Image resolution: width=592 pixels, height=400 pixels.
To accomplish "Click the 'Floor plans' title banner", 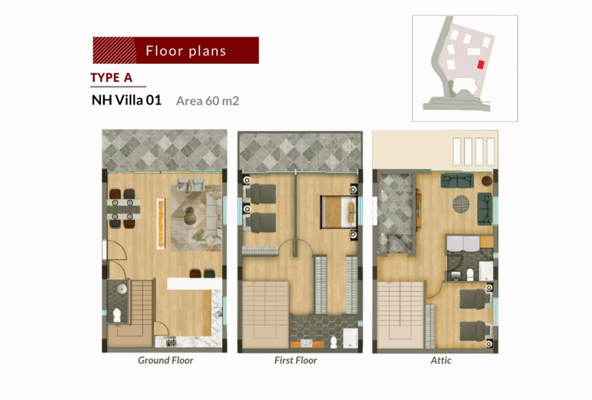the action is click(176, 50).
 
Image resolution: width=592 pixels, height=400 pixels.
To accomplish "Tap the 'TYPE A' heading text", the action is click(111, 77).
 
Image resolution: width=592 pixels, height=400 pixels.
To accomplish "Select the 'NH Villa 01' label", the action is click(126, 100).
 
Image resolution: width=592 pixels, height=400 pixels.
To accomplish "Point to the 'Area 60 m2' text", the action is click(208, 101).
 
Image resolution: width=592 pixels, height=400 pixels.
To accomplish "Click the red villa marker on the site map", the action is click(480, 65).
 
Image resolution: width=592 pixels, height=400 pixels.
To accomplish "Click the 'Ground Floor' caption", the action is click(166, 360).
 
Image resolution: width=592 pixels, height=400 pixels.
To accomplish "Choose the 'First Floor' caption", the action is click(295, 360).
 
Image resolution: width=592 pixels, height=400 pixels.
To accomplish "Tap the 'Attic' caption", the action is click(441, 360).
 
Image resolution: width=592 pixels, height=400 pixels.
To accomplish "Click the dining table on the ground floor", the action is click(124, 209).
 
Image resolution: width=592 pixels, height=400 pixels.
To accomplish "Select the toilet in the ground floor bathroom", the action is click(117, 314).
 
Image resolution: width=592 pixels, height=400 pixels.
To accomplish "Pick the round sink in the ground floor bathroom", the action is click(122, 289).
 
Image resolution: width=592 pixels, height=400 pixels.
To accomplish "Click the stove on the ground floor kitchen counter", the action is click(171, 342).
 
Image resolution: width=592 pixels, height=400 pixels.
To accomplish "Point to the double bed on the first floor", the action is click(339, 212).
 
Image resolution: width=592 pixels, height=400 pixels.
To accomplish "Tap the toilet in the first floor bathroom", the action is click(333, 342).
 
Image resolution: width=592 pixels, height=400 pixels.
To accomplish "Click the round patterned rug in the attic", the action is click(461, 204).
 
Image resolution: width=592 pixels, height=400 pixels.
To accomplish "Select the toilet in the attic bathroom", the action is click(470, 274).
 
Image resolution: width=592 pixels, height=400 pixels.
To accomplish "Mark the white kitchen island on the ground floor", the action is click(194, 284).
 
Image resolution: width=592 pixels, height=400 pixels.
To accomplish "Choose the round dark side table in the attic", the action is click(487, 180).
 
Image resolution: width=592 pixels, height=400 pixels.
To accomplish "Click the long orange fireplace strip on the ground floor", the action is click(161, 223).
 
